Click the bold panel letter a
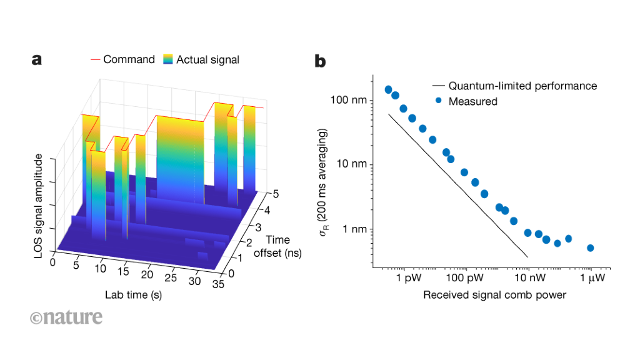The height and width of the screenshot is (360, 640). (37, 60)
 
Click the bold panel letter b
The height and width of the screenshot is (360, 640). (320, 61)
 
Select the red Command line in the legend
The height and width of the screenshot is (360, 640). (95, 60)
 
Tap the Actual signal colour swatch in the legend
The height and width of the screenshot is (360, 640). (167, 60)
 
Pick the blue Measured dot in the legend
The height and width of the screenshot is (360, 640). (439, 101)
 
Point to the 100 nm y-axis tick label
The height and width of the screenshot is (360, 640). (351, 100)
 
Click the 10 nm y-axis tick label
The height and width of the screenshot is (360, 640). (354, 165)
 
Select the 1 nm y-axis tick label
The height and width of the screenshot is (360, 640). (356, 229)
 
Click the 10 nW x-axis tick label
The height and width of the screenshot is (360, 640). (528, 277)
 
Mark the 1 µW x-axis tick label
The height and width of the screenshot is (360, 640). (591, 277)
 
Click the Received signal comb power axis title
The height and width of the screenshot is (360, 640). (494, 295)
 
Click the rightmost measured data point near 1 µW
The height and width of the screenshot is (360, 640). (590, 248)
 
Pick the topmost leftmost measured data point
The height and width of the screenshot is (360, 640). (388, 90)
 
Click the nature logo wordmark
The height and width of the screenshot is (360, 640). (66, 317)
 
